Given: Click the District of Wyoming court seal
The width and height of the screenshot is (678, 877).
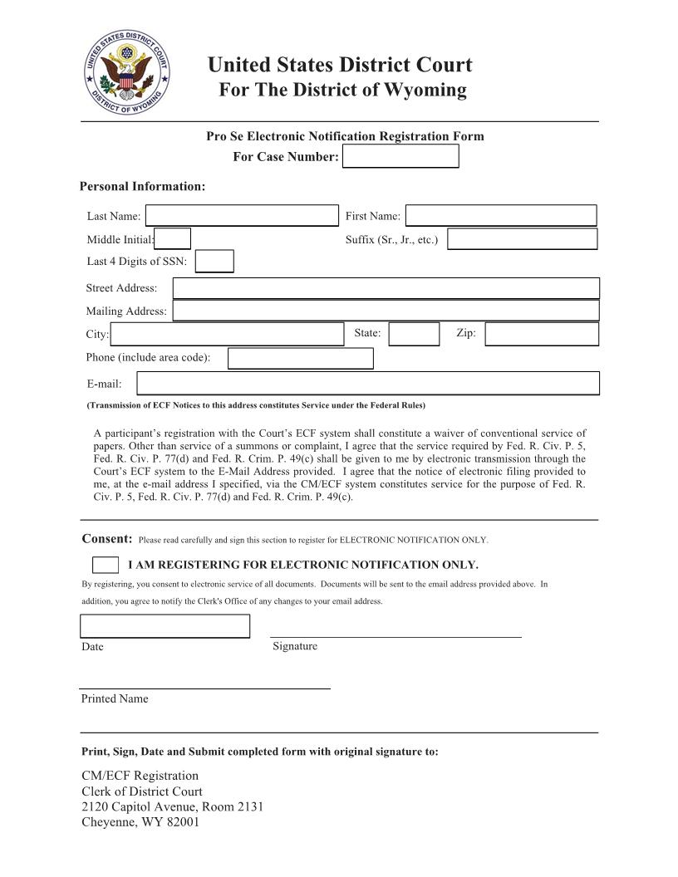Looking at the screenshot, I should tap(126, 78).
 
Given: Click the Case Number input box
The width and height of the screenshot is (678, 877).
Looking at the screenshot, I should tap(400, 156).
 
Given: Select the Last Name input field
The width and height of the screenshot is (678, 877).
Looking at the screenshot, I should tap(242, 216).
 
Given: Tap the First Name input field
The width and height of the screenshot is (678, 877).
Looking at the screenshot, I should tap(500, 216).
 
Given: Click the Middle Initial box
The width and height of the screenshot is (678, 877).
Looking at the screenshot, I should tap(173, 239).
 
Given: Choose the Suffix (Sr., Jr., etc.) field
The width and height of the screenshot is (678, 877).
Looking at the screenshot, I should tap(522, 239).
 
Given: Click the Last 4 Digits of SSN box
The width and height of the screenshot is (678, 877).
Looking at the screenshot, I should tap(214, 262).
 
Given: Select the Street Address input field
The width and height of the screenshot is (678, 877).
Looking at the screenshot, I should tap(386, 288).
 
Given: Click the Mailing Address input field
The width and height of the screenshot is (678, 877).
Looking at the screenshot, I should tap(386, 311).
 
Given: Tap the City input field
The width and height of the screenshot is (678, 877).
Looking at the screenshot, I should tap(227, 334).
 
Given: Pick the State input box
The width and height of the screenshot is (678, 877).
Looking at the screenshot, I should tap(414, 334).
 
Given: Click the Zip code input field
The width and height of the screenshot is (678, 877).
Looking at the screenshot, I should tap(542, 334).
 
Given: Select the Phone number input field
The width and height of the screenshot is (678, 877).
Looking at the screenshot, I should tap(300, 358).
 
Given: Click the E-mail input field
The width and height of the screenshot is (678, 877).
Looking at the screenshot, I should tap(367, 383).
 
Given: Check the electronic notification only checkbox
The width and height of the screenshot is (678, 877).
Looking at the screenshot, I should tap(105, 565).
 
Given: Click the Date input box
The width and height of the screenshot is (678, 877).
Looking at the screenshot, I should tap(165, 626).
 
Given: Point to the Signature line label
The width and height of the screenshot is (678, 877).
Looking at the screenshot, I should tap(295, 646).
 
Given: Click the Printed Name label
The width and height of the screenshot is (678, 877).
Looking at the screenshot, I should tap(115, 698).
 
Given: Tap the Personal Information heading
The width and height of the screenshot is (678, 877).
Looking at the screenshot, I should tap(142, 186).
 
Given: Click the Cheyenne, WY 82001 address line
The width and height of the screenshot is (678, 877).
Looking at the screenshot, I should tap(140, 822).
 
